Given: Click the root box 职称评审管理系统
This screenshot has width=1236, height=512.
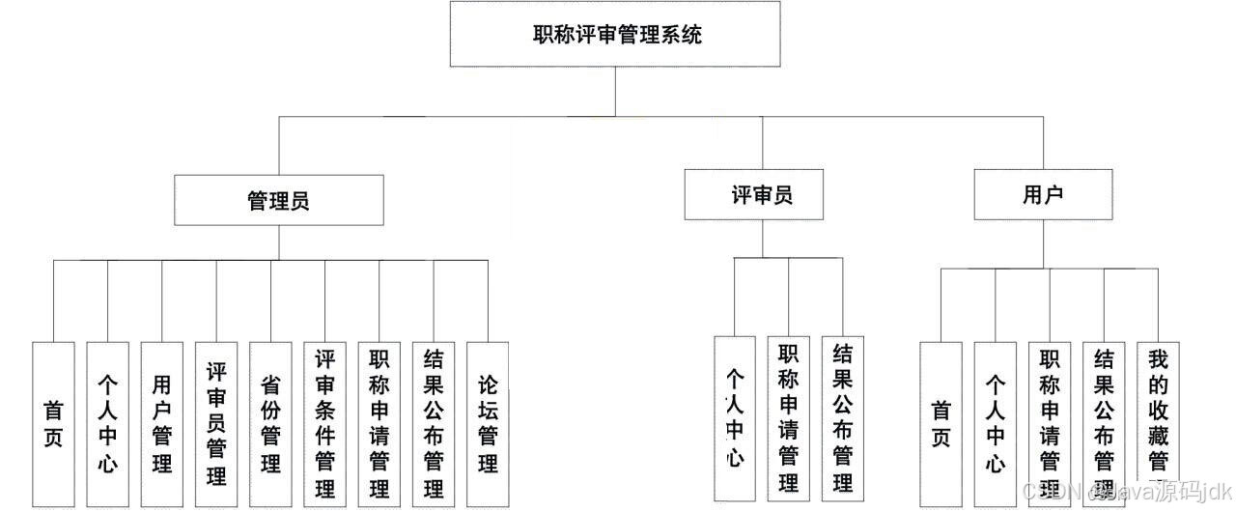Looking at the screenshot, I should pyautogui.click(x=616, y=35).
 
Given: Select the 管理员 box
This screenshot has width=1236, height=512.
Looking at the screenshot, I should pyautogui.click(x=278, y=200).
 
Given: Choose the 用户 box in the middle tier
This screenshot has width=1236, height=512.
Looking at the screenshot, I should pyautogui.click(x=1042, y=194).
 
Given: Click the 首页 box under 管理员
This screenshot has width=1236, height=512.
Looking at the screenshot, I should pyautogui.click(x=53, y=423).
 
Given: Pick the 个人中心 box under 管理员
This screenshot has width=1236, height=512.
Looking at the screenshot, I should pyautogui.click(x=107, y=423).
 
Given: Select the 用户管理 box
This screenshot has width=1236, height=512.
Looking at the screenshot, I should pyautogui.click(x=161, y=423).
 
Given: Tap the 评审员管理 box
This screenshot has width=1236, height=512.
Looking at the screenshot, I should pyautogui.click(x=215, y=423).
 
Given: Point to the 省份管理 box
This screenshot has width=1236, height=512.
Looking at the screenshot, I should pyautogui.click(x=269, y=423).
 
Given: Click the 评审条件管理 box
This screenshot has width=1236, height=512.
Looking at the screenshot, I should pyautogui.click(x=324, y=423).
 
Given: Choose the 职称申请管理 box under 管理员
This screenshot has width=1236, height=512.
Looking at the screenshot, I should pyautogui.click(x=379, y=423).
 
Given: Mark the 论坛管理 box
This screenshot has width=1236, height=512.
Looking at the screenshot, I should pyautogui.click(x=487, y=423).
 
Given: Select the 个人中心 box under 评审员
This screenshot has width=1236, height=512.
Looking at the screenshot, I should pyautogui.click(x=735, y=417).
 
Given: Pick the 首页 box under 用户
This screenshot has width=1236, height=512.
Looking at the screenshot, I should pyautogui.click(x=941, y=423).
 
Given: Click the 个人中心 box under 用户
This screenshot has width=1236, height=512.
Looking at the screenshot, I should pyautogui.click(x=995, y=423).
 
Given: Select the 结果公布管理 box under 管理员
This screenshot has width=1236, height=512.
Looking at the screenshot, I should pyautogui.click(x=433, y=423).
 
